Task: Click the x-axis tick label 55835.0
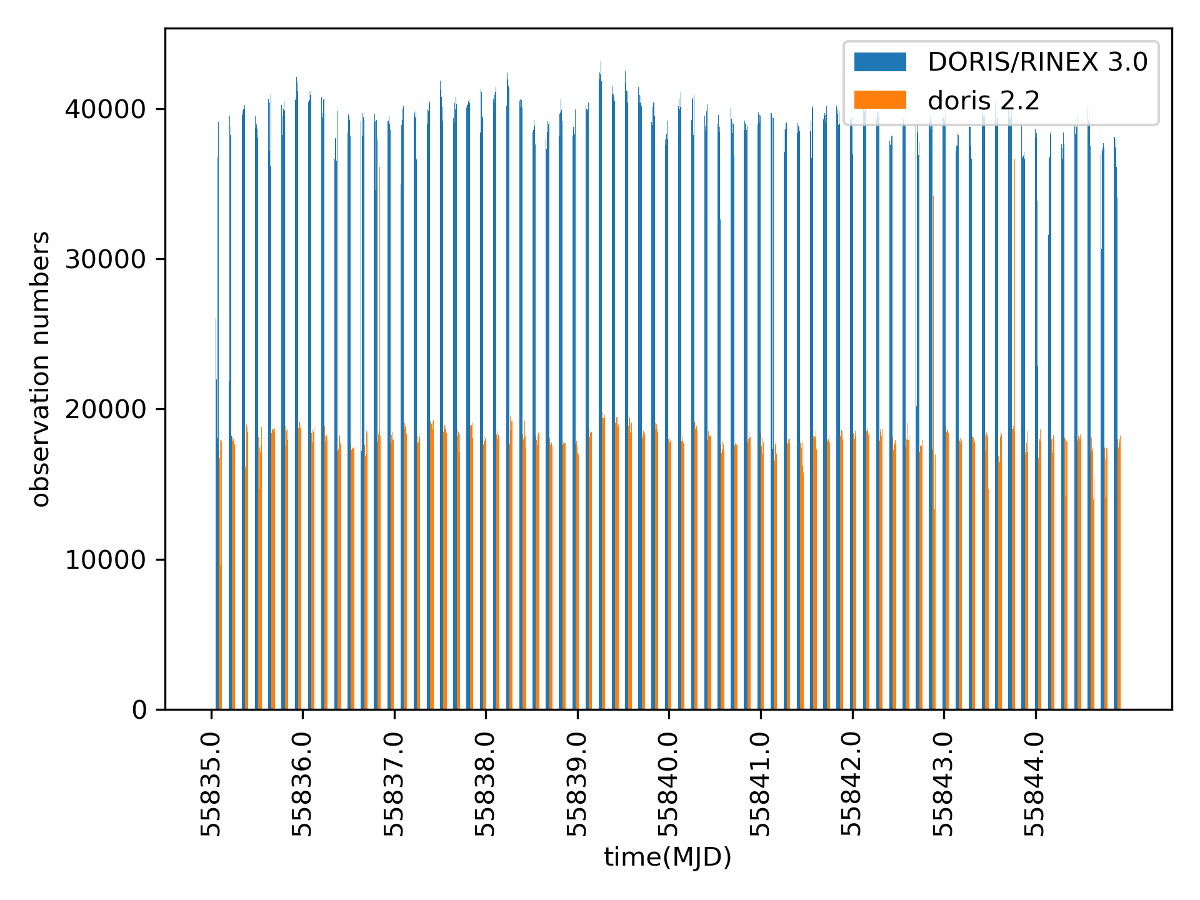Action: [211, 784]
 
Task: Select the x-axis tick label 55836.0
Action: [302, 784]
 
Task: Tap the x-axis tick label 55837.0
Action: [394, 784]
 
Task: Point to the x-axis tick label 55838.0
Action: [486, 784]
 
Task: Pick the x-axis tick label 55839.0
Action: [577, 784]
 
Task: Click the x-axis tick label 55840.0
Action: [669, 784]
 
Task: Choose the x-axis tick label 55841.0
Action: [760, 784]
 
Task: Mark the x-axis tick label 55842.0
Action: [852, 784]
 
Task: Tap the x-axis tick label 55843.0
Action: [943, 784]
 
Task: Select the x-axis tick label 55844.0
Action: [1035, 784]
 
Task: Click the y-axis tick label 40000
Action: [106, 109]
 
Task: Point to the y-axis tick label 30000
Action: [106, 259]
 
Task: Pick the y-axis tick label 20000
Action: [106, 409]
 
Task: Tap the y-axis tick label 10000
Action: [106, 560]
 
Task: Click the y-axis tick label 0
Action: [139, 710]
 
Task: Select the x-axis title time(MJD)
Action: [667, 857]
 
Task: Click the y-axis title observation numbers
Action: [41, 369]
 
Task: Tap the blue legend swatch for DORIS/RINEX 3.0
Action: [880, 62]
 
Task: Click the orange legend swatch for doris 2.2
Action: [880, 100]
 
